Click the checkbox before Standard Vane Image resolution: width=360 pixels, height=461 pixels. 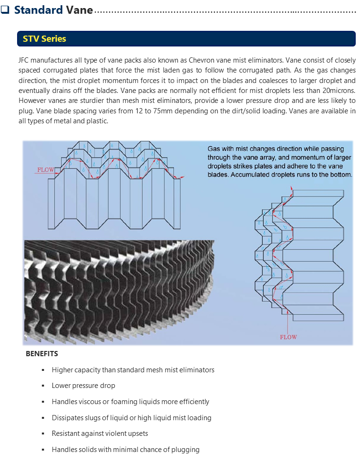click(5, 9)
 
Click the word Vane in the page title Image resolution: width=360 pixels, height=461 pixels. click(79, 10)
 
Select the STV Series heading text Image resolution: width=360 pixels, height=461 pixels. click(45, 39)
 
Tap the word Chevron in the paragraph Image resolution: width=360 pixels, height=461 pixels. click(202, 60)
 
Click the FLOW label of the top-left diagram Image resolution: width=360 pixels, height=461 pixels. click(45, 170)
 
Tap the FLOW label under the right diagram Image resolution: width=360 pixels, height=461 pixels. click(288, 337)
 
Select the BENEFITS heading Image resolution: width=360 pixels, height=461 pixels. click(42, 354)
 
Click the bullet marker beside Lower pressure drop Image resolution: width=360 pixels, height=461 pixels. click(43, 386)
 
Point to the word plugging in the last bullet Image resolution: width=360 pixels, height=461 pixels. click(185, 450)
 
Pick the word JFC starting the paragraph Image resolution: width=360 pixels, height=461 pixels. click(24, 60)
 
